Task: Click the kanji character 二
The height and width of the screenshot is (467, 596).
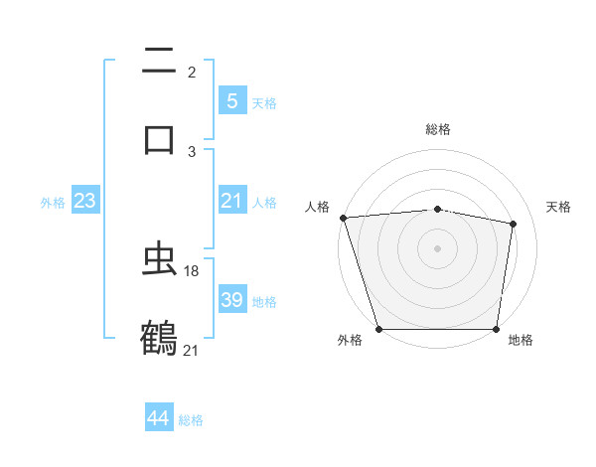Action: point(159,62)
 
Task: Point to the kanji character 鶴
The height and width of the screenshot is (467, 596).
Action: point(159,338)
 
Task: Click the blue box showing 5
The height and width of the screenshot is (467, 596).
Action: point(231,101)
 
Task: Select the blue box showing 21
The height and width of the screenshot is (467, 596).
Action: point(231,202)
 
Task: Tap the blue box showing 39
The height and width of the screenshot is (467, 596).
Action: point(231,300)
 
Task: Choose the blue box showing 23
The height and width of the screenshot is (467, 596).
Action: point(84,202)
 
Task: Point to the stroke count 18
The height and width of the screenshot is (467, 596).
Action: point(193,270)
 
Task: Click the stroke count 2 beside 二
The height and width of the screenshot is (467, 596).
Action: point(192,73)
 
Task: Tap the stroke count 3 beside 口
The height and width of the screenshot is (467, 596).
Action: point(192,151)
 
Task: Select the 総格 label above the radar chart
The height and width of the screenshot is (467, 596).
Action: point(438,129)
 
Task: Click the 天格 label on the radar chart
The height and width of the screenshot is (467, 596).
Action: point(558,207)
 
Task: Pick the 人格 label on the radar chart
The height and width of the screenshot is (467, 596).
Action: point(318,207)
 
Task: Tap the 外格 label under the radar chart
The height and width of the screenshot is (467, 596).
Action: point(350,341)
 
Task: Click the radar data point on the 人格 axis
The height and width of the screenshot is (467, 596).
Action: point(343,218)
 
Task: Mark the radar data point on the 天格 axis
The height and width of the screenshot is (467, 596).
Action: point(514,224)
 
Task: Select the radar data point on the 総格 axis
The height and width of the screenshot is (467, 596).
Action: point(438,209)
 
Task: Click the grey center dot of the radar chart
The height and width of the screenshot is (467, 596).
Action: point(438,248)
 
